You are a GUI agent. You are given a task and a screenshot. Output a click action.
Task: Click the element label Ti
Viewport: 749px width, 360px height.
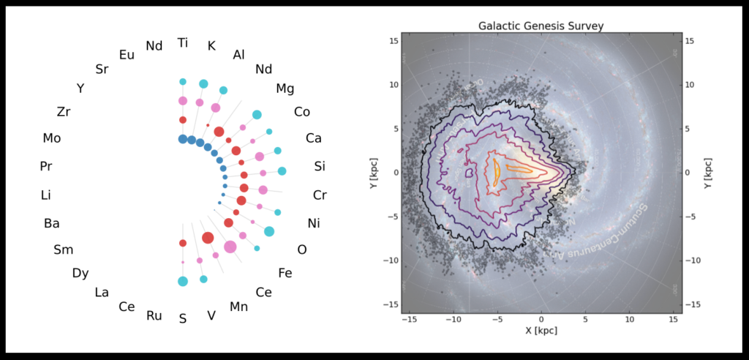(x=183, y=43)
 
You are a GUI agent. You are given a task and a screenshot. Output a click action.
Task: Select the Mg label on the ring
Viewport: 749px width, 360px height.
(x=285, y=89)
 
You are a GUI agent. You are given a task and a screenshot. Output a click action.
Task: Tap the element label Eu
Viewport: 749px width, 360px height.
(x=127, y=54)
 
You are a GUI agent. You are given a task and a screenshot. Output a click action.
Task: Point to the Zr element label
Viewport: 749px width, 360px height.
(x=64, y=112)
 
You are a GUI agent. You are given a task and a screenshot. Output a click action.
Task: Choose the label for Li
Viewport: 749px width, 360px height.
(x=46, y=195)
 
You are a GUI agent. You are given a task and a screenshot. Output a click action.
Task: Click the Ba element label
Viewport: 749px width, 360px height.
(x=52, y=223)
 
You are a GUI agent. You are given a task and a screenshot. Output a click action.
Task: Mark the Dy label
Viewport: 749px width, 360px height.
(x=80, y=273)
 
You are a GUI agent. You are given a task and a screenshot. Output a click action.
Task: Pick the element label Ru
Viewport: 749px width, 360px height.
(x=154, y=315)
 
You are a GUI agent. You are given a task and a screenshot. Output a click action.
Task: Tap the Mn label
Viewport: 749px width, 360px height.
(x=239, y=307)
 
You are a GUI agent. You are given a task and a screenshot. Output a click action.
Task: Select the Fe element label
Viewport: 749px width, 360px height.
(x=285, y=273)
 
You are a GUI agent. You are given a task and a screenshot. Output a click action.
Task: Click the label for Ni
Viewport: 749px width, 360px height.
(x=314, y=223)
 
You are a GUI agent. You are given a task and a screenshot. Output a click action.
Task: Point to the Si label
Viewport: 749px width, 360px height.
(x=320, y=166)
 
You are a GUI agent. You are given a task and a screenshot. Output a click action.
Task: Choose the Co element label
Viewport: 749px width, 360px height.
(x=302, y=112)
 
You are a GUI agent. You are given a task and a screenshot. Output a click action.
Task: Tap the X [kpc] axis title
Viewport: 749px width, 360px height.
(x=541, y=331)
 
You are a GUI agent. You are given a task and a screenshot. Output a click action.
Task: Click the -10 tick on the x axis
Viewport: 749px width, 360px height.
(x=454, y=319)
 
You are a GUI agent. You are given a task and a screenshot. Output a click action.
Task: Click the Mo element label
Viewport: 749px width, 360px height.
(x=52, y=138)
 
